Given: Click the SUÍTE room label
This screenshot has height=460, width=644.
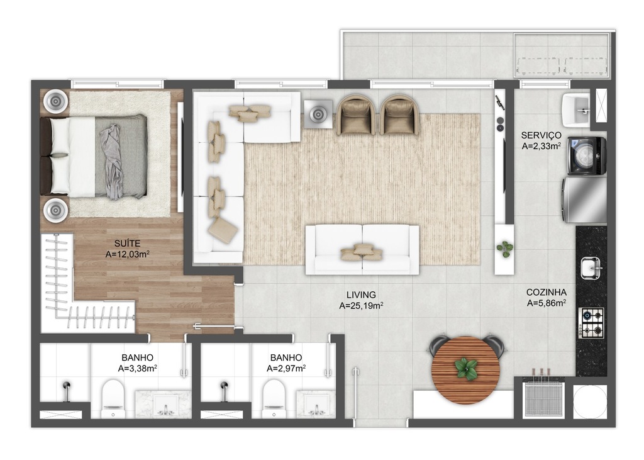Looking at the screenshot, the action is pyautogui.click(x=127, y=244).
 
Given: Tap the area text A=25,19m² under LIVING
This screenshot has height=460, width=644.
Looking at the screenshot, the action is pyautogui.click(x=362, y=305).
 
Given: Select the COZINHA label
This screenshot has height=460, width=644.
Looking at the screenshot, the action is pyautogui.click(x=547, y=292).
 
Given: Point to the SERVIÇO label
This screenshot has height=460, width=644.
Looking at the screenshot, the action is pyautogui.click(x=541, y=135).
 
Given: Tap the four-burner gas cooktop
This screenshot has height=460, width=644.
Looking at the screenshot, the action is pyautogui.click(x=591, y=322).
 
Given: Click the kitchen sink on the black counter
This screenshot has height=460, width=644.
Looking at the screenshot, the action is pyautogui.click(x=591, y=268).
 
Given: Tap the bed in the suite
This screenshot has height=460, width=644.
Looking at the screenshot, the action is pyautogui.click(x=94, y=156).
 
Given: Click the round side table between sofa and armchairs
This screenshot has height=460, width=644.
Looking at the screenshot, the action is pyautogui.click(x=318, y=115).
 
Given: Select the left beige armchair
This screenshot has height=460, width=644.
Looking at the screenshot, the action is pyautogui.click(x=356, y=115).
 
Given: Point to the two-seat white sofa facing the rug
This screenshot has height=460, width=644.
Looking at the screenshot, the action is pyautogui.click(x=362, y=250).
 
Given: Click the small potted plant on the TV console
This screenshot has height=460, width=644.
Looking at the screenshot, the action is pyautogui.click(x=504, y=249).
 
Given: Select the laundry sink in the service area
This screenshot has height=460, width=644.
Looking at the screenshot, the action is pyautogui.click(x=576, y=110).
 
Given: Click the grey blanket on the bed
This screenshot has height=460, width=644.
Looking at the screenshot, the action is pyautogui.click(x=112, y=162).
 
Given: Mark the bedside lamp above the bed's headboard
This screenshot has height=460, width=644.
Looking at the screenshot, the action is pyautogui.click(x=55, y=100).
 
